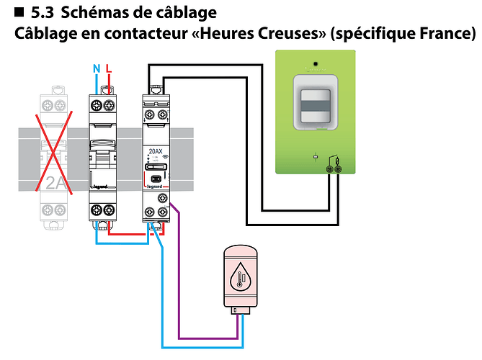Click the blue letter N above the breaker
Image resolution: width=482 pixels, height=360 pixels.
(97, 69)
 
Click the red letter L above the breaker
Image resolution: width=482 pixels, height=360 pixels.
(109, 69)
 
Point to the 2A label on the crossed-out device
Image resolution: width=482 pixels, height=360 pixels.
(55, 182)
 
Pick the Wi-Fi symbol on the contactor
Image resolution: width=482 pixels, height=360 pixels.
(165, 153)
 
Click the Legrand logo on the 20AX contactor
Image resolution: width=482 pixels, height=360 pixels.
(155, 184)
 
